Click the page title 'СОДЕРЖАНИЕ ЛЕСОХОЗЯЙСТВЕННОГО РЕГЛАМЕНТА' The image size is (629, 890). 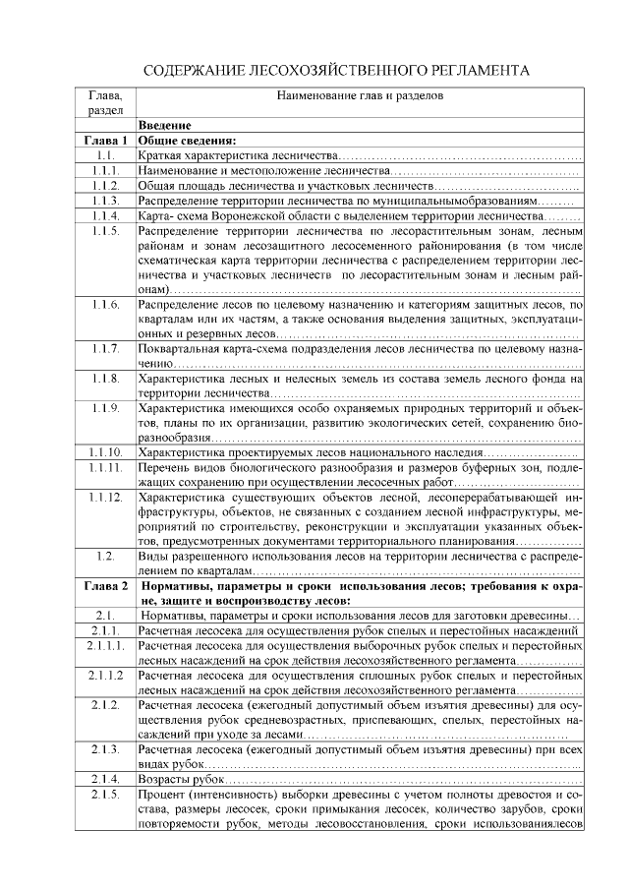337,71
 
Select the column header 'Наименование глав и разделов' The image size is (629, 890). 360,96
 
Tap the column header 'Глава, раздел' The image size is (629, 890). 105,103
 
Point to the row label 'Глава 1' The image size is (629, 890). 105,141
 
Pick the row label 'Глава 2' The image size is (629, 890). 105,587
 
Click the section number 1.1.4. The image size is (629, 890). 105,215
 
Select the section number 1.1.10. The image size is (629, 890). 105,452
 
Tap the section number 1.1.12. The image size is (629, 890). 105,498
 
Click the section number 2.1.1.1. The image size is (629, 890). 105,646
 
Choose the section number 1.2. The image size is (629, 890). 105,557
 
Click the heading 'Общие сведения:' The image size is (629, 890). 188,141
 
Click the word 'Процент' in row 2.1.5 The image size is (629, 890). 161,794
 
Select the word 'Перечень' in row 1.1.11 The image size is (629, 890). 164,468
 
